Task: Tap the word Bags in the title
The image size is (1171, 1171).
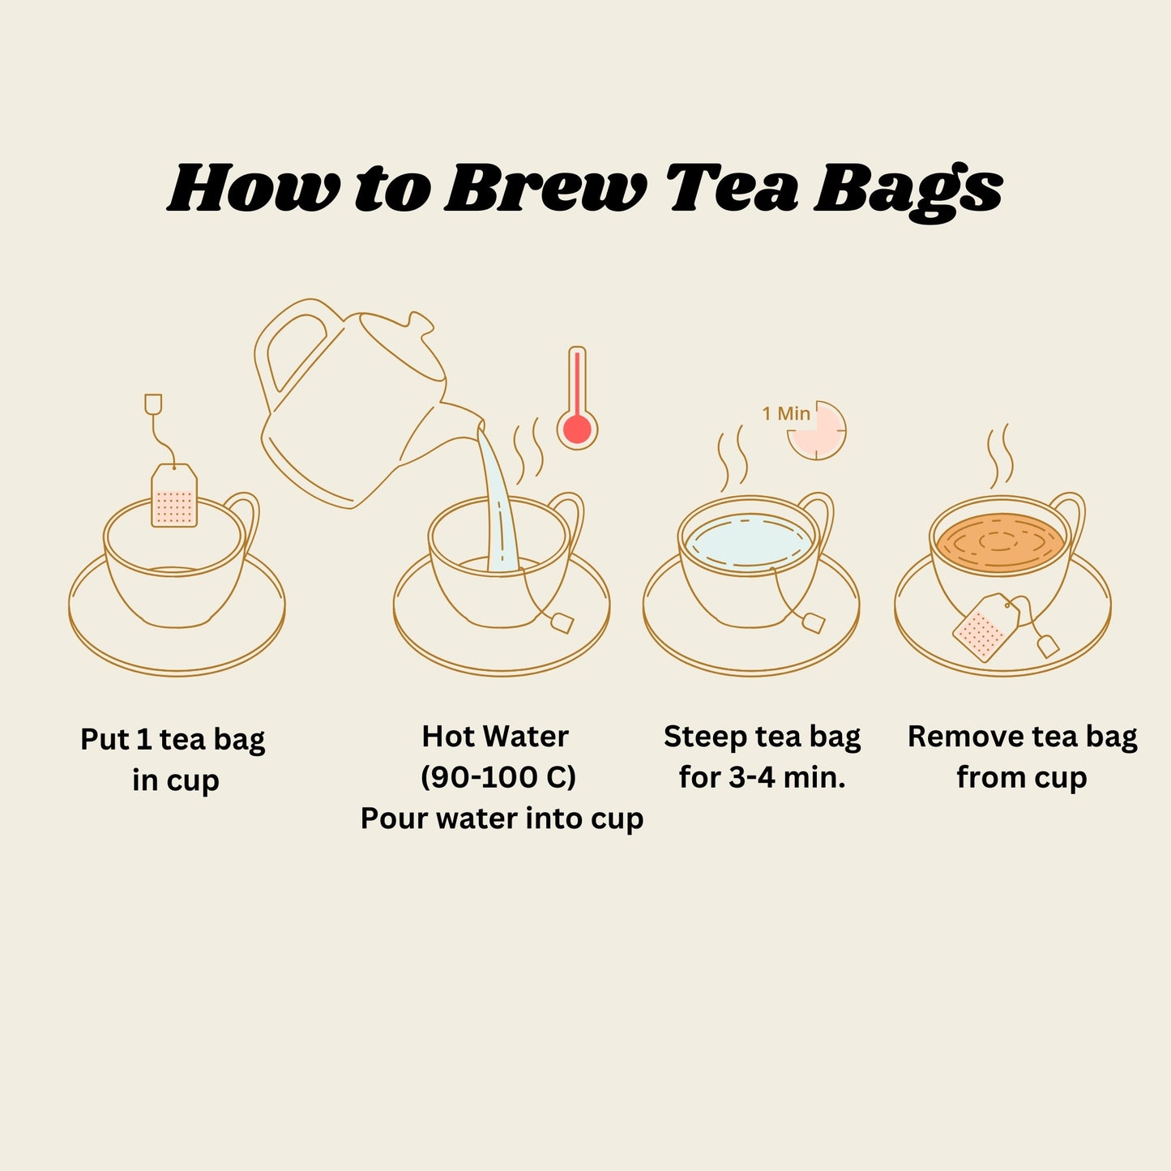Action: point(908,190)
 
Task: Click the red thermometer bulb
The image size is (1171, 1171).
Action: point(577,429)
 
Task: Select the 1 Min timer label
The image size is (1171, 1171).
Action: point(785,413)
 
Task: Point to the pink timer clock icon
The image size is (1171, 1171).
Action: point(818,430)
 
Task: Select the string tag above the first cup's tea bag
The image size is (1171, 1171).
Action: point(153,403)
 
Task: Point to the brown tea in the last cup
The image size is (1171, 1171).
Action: point(999,542)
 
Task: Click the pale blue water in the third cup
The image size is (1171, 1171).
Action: point(746,541)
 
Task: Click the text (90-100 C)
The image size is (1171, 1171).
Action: point(498,777)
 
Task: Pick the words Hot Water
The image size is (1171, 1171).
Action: point(495,737)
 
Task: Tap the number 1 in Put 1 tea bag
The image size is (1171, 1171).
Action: point(143,740)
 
